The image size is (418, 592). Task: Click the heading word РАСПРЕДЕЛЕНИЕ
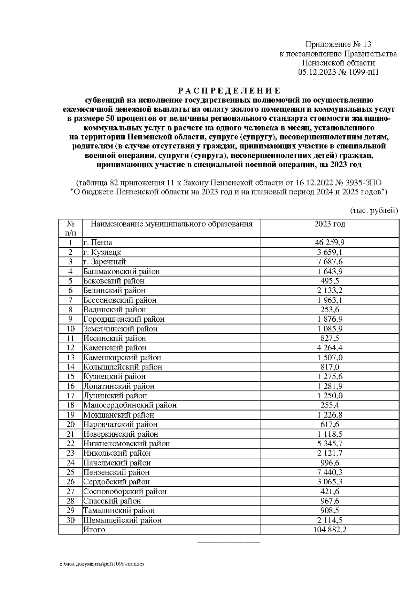tap(229, 91)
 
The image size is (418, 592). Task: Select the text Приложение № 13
tap(338, 44)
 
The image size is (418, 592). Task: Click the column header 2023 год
tap(330, 224)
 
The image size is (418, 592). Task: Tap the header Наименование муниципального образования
tap(171, 224)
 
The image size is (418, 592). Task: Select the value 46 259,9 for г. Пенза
tap(330, 242)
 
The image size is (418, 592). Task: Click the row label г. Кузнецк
tap(102, 252)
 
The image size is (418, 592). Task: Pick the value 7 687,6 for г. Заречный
tap(330, 262)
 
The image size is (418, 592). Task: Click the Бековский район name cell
tap(114, 281)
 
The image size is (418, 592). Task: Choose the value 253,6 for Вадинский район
tap(330, 309)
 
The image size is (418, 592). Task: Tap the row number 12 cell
tap(70, 348)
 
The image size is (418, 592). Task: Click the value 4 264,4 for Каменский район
tap(330, 348)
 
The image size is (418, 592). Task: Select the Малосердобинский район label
tap(130, 405)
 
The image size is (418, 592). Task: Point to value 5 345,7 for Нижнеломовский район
tap(330, 444)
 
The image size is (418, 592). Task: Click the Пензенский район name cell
tap(116, 472)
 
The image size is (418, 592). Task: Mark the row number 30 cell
tap(70, 520)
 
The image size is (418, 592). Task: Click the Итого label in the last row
tap(94, 530)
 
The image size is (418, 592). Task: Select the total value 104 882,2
tap(330, 530)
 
